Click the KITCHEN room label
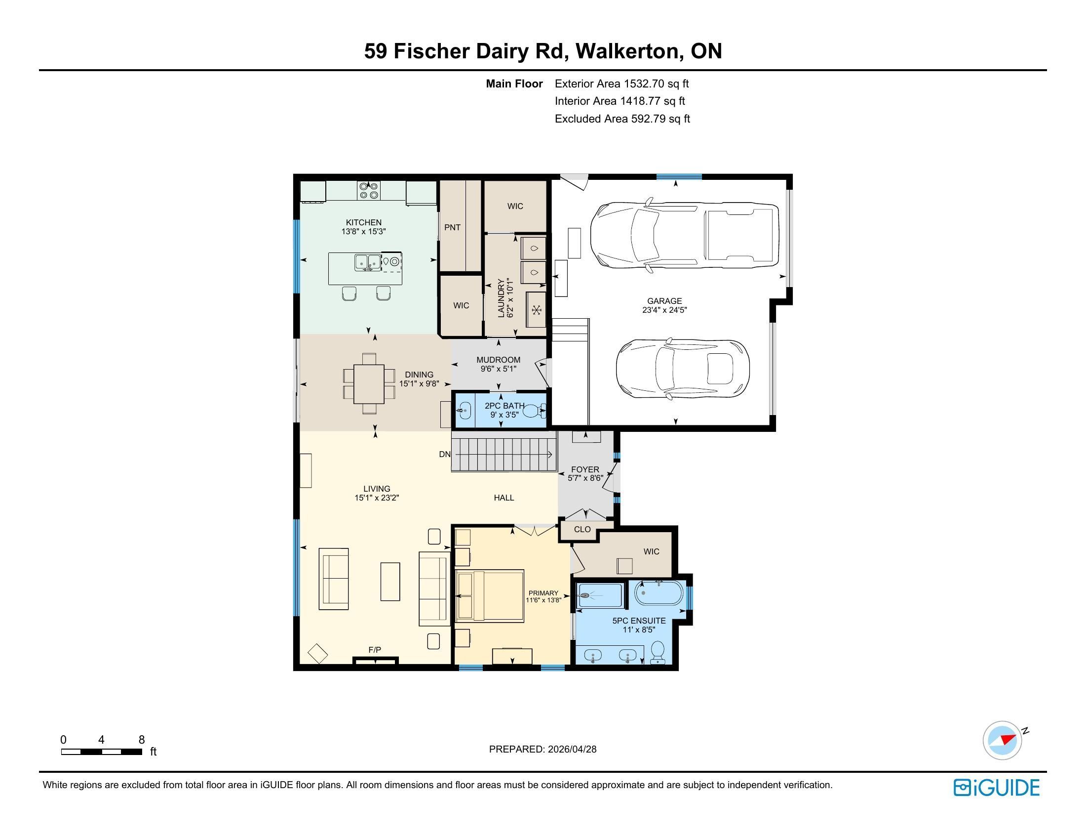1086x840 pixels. point(363,222)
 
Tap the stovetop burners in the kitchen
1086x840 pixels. point(369,190)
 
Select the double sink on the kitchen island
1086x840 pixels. point(367,262)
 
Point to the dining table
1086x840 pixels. point(368,383)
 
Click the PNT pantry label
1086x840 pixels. point(452,227)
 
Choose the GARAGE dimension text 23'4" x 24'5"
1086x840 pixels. point(664,309)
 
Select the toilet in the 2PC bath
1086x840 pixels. point(535,411)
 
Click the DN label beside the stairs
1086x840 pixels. point(445,454)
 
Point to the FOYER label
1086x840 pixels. point(585,469)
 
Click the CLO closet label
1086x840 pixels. point(582,530)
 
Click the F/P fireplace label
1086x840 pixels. point(375,650)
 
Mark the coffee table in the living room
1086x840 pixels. point(390,581)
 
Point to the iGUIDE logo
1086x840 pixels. point(997,787)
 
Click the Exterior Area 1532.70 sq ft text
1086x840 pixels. point(621,84)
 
